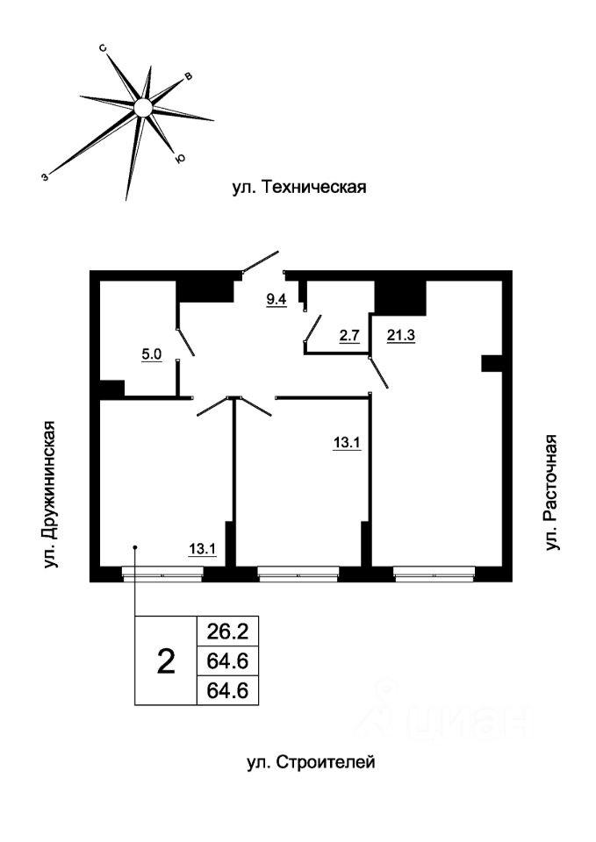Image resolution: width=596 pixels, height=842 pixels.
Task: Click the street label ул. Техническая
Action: pos(298,188)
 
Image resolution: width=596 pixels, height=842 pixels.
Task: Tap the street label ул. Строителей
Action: pos(311,762)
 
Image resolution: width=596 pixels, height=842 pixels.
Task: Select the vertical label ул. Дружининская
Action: pos(49,494)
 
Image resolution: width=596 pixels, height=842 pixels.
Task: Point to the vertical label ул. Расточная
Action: pos(551,492)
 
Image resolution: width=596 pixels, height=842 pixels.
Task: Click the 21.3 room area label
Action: pos(401,336)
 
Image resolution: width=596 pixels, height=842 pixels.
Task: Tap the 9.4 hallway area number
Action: pos(276,299)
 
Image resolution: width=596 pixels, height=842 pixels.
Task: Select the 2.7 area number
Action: pos(348,336)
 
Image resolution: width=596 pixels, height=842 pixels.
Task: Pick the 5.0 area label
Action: pos(152,355)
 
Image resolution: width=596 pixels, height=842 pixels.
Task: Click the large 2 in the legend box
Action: pos(166,661)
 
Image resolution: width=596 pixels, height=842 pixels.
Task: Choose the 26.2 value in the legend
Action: pos(228,631)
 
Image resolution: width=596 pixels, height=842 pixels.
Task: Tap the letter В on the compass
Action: pos(188,77)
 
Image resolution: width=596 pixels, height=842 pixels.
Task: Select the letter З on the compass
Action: pos(45,176)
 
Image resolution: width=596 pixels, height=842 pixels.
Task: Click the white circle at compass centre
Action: pos(143,108)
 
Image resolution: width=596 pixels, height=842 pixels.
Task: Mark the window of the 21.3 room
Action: pos(434,574)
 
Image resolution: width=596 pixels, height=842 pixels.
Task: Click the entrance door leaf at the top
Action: pos(261,262)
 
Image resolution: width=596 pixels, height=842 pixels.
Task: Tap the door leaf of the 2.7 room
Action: pos(312,327)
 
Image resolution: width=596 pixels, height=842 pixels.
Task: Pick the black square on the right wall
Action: pos(492,363)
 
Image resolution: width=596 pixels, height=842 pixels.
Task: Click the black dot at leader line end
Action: pos(135,547)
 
